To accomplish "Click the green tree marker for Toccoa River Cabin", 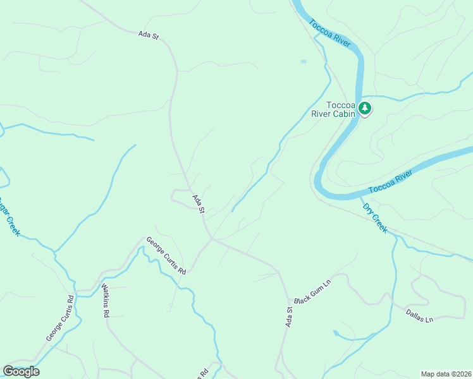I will click(x=365, y=109).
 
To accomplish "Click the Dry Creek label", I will click(x=374, y=217).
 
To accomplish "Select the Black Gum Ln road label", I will click(x=312, y=292).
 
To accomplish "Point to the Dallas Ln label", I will click(x=419, y=316).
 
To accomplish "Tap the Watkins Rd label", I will click(x=106, y=299).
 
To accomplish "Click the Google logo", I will click(x=21, y=371).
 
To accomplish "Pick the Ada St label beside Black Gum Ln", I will click(x=290, y=316).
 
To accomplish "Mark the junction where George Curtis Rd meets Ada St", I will click(x=212, y=239).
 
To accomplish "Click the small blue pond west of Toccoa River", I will click(x=304, y=61).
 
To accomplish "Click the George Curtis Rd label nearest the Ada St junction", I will click(x=166, y=255).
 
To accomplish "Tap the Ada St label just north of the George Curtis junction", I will click(x=199, y=203).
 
